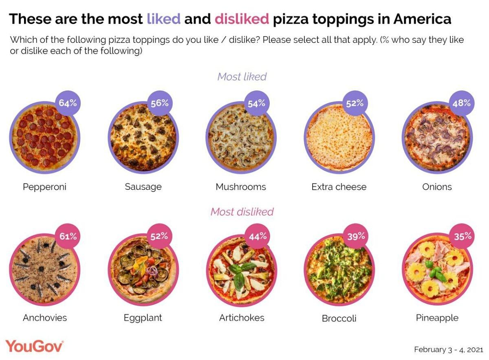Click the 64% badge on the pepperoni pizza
click(67, 103)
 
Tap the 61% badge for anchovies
click(67, 236)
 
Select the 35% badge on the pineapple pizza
click(463, 236)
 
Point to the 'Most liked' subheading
click(242, 77)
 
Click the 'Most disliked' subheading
click(242, 212)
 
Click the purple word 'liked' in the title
click(163, 19)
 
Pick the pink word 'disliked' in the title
click(242, 19)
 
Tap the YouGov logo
click(34, 347)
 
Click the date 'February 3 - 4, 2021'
click(448, 349)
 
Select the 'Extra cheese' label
click(339, 187)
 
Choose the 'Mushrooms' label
click(240, 187)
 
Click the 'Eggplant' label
click(143, 318)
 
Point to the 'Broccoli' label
click(339, 318)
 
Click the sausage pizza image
click(143, 137)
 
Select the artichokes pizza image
click(240, 271)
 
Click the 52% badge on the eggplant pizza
click(159, 236)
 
